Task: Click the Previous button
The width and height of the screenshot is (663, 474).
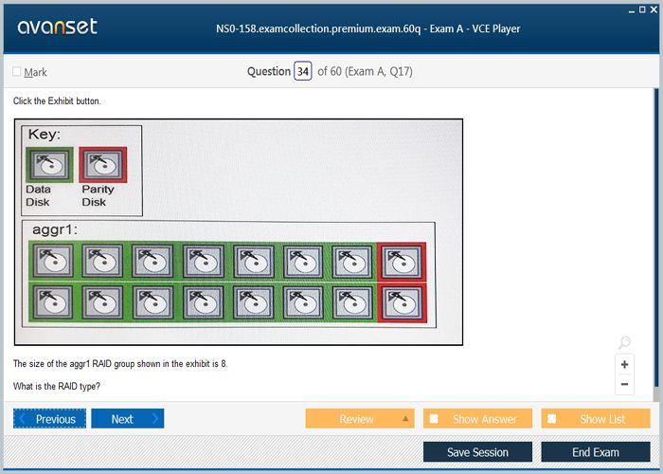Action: (x=49, y=419)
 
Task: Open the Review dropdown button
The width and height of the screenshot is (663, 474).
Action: (x=360, y=419)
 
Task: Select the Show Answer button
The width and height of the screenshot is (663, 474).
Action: (x=477, y=419)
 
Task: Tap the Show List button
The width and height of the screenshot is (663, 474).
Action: (x=596, y=419)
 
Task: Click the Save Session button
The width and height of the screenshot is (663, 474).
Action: (x=477, y=452)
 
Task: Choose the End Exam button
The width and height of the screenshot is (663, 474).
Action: (x=596, y=452)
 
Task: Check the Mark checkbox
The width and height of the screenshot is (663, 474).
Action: (x=17, y=71)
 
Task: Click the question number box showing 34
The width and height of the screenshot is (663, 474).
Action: (x=303, y=71)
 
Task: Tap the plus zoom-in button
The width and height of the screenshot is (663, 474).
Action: (x=624, y=364)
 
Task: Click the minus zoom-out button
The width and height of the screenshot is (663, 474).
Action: (x=624, y=384)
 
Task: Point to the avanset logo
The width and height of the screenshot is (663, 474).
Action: (x=58, y=27)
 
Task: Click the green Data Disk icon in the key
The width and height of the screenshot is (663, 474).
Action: (x=49, y=165)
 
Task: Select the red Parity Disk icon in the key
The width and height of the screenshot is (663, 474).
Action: (x=102, y=165)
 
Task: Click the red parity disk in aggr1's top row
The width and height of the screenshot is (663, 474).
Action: (x=402, y=261)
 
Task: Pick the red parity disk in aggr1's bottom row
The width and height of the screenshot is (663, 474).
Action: (x=402, y=303)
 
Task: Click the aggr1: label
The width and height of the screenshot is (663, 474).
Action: (x=55, y=229)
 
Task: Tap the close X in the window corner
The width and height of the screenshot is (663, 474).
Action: (x=654, y=9)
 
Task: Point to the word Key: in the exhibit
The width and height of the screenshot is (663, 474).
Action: (x=45, y=135)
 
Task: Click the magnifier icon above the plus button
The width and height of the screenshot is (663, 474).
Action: (x=624, y=342)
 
